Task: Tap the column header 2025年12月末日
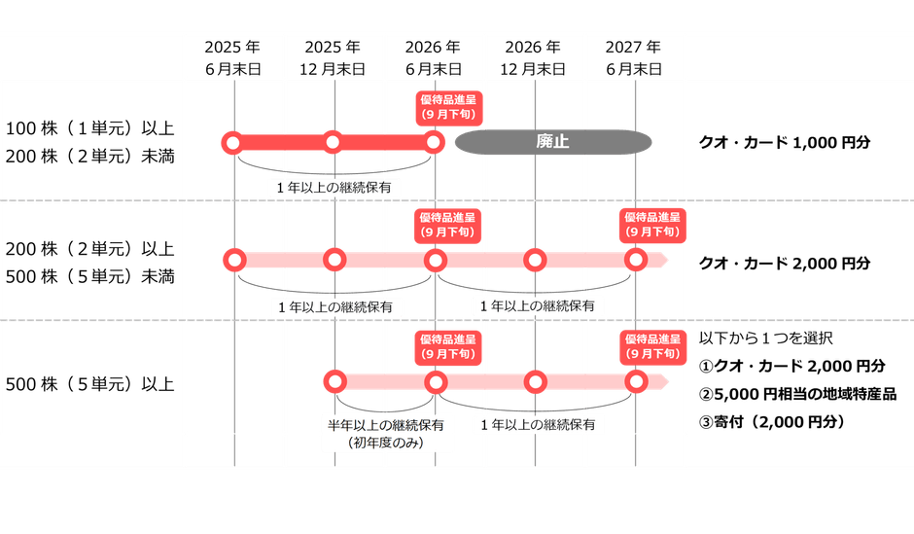[334, 58]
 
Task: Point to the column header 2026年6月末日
[434, 58]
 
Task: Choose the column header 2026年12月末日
[534, 58]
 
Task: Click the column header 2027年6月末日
[634, 58]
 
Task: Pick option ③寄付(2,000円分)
[773, 422]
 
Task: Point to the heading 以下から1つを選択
[767, 338]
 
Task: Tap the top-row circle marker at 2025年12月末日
[333, 143]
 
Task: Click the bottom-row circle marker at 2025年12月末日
[335, 380]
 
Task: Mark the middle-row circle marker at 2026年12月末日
[535, 261]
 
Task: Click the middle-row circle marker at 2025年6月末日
[232, 261]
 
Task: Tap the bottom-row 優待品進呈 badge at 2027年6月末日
[652, 345]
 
